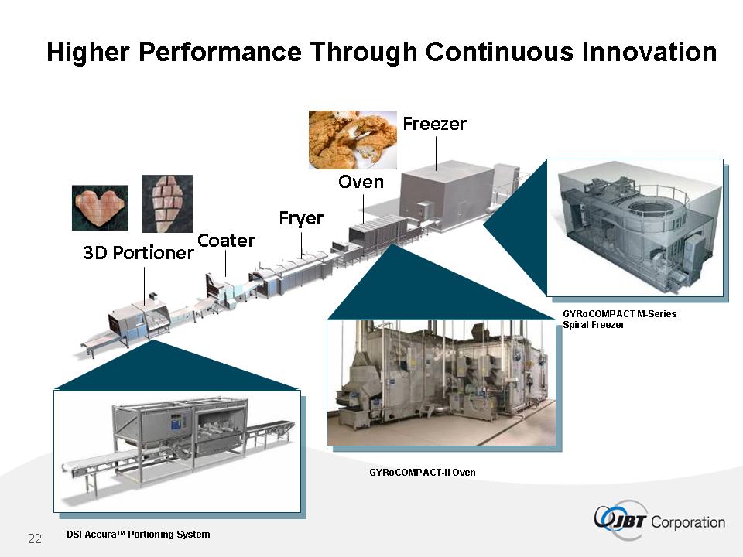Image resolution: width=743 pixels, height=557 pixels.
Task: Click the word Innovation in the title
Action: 649,52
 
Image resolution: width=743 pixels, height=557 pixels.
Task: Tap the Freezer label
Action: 434,124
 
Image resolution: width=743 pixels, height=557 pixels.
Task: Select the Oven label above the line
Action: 361,182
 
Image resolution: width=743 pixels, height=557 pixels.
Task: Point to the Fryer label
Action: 301,218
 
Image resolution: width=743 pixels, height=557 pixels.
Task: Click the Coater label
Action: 226,241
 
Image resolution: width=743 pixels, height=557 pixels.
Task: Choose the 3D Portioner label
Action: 139,253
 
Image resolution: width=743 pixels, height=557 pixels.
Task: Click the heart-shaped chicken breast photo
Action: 100,207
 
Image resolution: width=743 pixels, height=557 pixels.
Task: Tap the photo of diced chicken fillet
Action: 167,203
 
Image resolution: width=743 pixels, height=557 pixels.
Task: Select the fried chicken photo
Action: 353,140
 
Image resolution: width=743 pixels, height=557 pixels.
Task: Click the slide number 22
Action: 35,538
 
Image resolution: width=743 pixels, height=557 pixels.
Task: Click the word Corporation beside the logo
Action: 688,522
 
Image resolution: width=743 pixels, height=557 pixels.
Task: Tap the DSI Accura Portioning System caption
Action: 139,535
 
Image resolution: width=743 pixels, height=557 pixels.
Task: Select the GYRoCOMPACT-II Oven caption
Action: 423,472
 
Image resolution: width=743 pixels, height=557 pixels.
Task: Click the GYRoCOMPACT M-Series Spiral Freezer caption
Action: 619,320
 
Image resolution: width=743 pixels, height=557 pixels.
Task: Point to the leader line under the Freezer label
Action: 436,153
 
